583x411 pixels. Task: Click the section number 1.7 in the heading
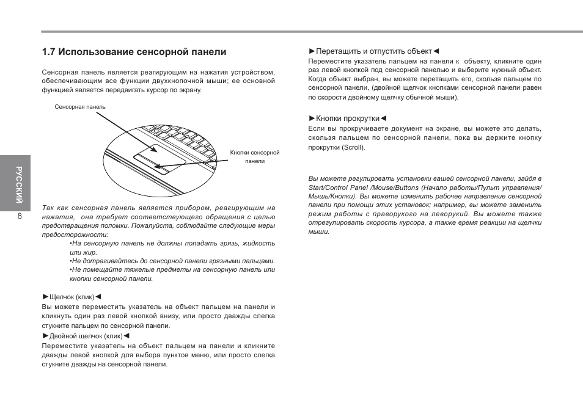[x=49, y=53]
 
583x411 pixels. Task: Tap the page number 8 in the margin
[x=20, y=216]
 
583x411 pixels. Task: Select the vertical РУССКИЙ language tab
[x=20, y=183]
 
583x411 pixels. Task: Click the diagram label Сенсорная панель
[x=80, y=106]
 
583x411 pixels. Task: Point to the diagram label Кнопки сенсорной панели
[x=255, y=157]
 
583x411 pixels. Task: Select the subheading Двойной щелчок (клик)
[x=86, y=336]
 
